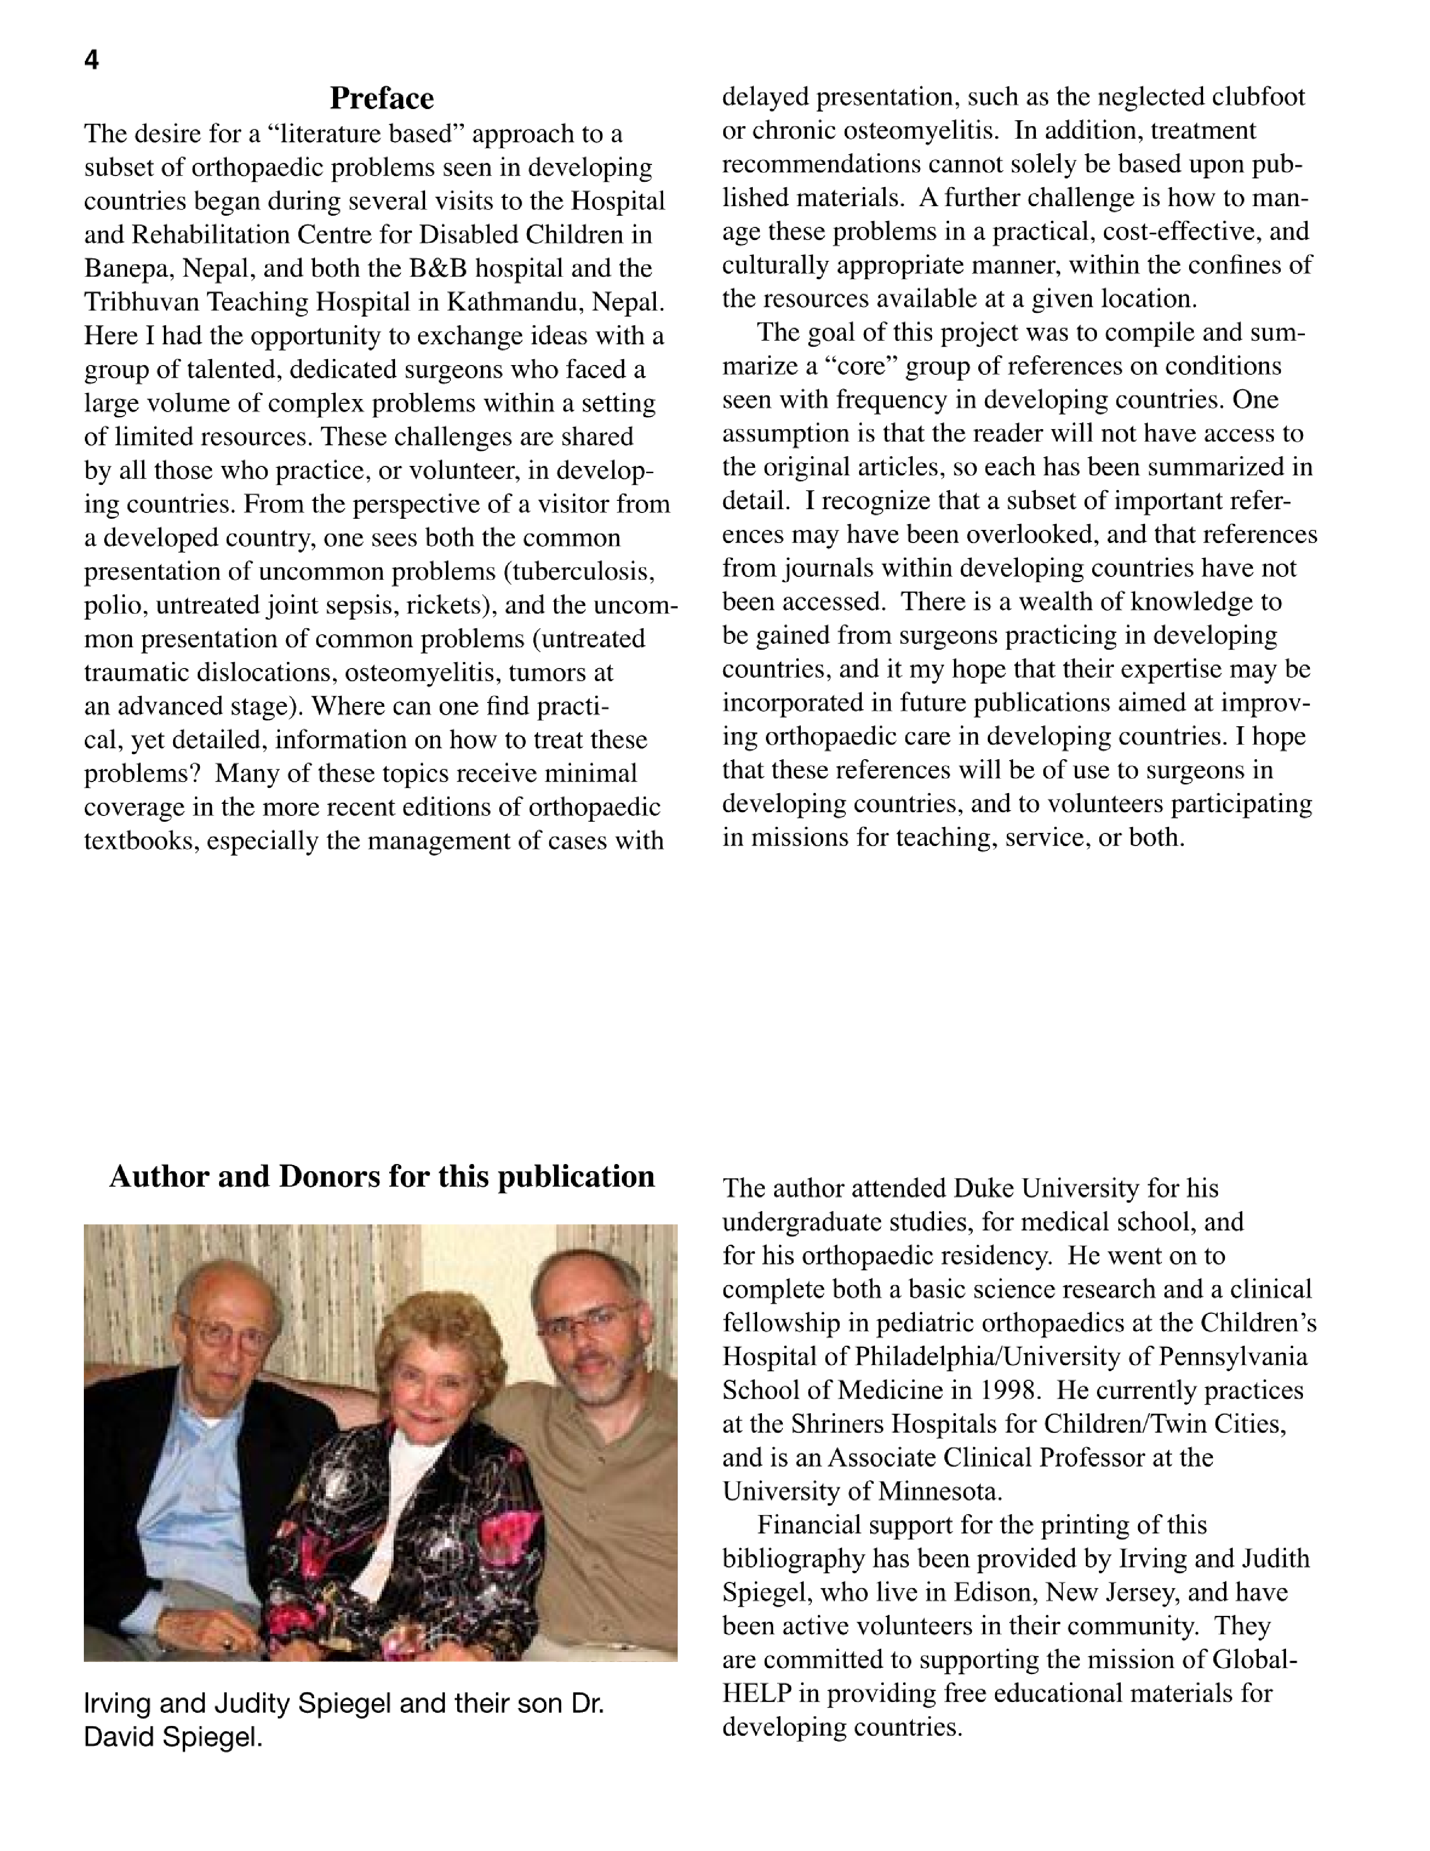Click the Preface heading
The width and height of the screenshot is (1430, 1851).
click(x=381, y=98)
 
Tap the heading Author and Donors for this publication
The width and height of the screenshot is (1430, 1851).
click(x=381, y=1176)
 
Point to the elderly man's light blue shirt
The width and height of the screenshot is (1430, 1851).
click(x=182, y=1492)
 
